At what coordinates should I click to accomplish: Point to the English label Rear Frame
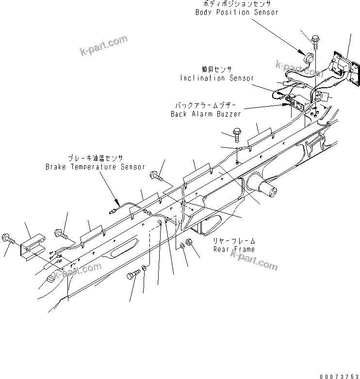point(234,249)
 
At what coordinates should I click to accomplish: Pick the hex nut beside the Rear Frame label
point(191,241)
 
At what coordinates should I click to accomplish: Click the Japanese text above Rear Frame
point(234,240)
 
